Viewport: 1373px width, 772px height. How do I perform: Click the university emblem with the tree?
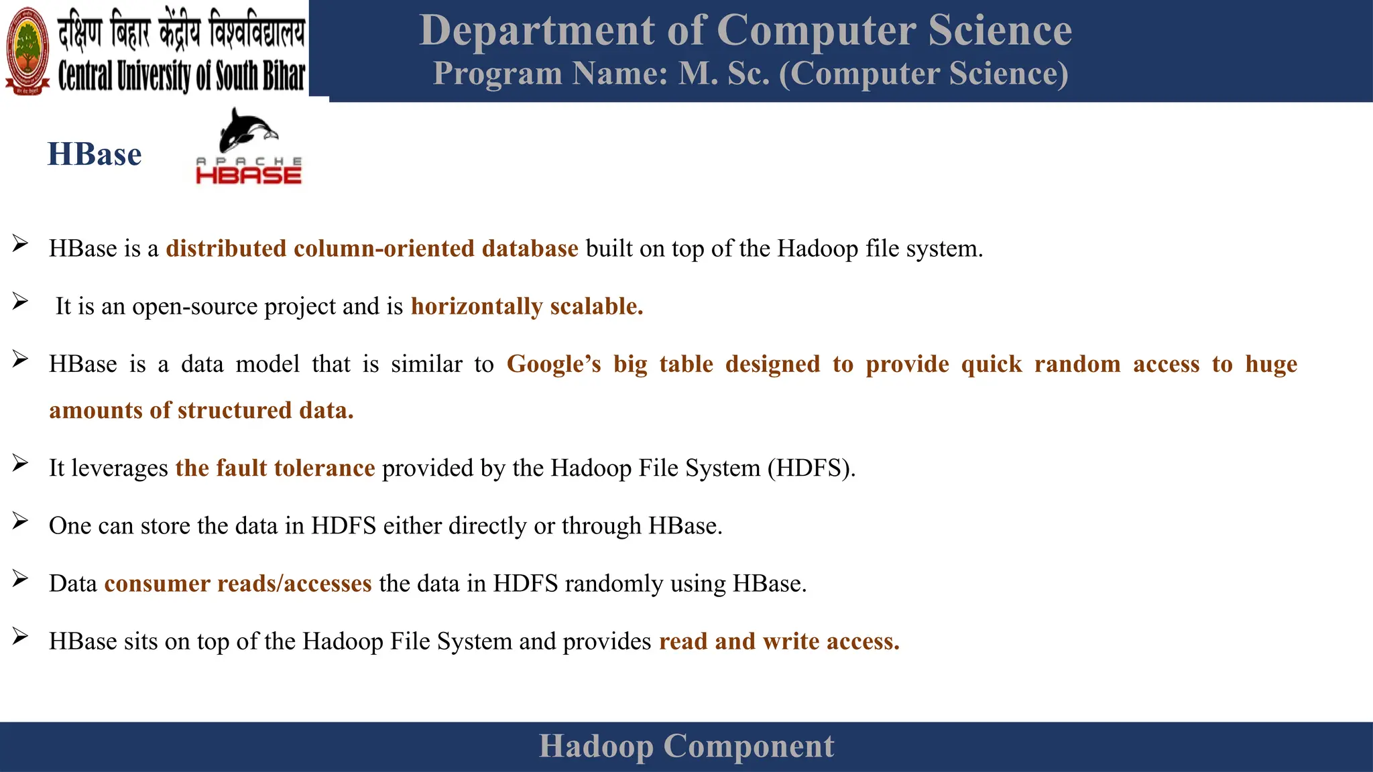[27, 51]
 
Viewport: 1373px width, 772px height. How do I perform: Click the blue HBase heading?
[95, 154]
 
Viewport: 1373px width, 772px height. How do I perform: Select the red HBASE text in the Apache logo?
[249, 176]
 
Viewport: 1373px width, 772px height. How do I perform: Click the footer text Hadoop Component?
[686, 746]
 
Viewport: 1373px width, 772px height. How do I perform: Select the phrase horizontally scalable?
[527, 306]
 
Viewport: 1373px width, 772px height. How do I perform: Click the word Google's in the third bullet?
[554, 364]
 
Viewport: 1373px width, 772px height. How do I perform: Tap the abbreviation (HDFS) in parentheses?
[811, 468]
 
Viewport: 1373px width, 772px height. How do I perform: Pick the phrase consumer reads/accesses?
[238, 584]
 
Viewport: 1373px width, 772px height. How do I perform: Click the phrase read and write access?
[779, 641]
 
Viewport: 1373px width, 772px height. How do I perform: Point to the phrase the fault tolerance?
[275, 468]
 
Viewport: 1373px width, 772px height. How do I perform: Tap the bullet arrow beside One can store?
[20, 521]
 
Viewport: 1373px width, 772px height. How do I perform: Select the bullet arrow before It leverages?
[20, 463]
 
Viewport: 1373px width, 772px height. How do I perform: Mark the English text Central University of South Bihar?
[181, 76]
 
